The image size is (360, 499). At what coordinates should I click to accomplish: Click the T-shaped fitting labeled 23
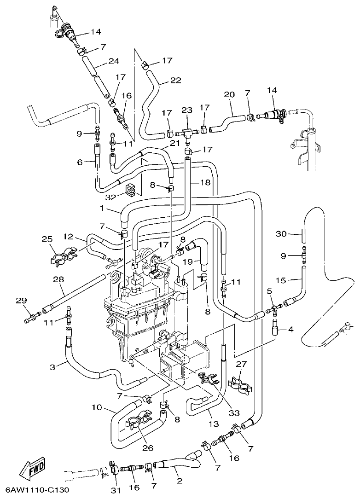click(x=186, y=133)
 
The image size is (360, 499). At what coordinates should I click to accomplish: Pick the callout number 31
click(x=115, y=491)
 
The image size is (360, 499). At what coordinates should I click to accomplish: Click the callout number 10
click(x=97, y=407)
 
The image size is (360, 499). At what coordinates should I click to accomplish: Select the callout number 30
click(x=281, y=234)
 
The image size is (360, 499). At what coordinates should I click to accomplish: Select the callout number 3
click(x=53, y=367)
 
